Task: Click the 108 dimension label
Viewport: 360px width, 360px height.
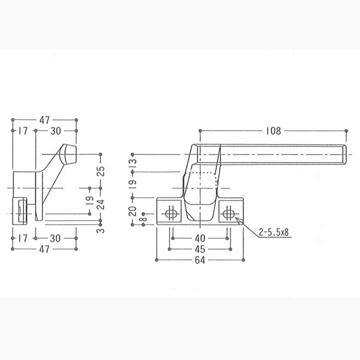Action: (x=274, y=131)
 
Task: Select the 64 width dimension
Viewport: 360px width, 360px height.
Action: (x=200, y=260)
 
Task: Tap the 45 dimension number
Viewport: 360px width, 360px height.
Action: (x=200, y=249)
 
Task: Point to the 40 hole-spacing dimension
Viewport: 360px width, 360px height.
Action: (x=200, y=238)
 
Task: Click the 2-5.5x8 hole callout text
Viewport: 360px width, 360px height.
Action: (x=274, y=232)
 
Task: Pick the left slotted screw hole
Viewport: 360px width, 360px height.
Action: (x=170, y=214)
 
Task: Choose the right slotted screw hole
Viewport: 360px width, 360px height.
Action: (x=227, y=214)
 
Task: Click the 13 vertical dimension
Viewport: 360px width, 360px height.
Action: (x=133, y=163)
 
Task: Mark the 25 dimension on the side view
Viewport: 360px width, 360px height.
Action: (x=101, y=171)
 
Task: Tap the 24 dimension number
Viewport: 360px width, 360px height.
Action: (x=101, y=205)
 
